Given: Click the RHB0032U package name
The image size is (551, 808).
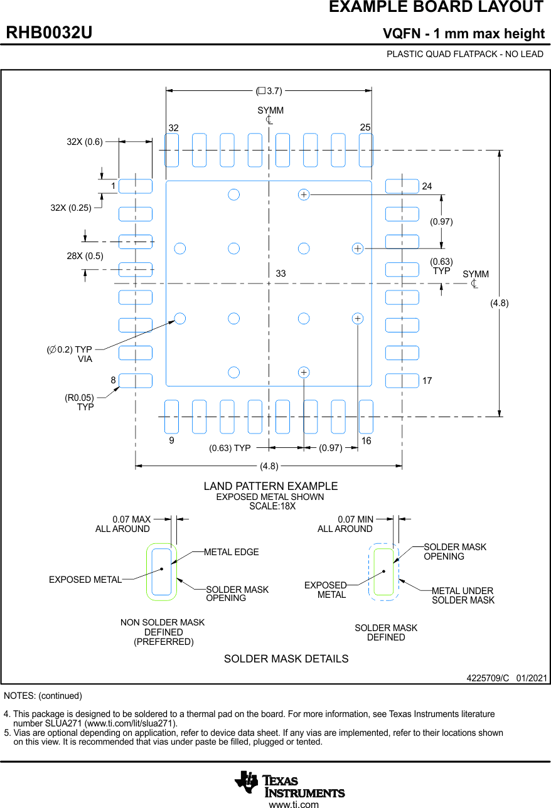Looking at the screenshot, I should click(49, 33).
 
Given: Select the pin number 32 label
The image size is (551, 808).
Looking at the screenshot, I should click(173, 128).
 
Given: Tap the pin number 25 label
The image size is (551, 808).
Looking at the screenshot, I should click(365, 127).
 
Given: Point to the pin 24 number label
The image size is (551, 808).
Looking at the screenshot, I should click(427, 186).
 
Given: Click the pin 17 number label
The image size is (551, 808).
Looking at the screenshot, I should click(427, 381).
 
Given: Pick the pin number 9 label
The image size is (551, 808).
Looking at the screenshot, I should click(171, 441).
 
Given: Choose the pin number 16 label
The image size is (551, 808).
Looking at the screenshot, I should click(366, 441).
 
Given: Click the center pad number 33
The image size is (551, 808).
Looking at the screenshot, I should click(281, 274).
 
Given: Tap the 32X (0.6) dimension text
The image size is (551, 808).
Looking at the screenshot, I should click(85, 142).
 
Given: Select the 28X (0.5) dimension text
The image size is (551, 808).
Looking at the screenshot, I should click(85, 256).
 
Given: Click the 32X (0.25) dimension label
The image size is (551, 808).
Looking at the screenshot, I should click(71, 208).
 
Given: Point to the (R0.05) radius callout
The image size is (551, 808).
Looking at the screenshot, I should click(79, 398).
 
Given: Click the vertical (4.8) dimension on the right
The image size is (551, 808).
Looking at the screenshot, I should click(500, 303).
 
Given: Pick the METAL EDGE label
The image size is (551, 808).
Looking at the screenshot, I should click(231, 552).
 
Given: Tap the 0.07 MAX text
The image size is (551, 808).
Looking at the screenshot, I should click(131, 519).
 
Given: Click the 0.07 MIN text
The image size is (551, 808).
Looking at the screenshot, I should click(355, 519).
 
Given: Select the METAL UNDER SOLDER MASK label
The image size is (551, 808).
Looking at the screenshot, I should click(463, 595).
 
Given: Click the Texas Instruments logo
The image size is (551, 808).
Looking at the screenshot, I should click(289, 783).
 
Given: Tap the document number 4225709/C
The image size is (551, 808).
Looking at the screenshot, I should click(488, 678).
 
